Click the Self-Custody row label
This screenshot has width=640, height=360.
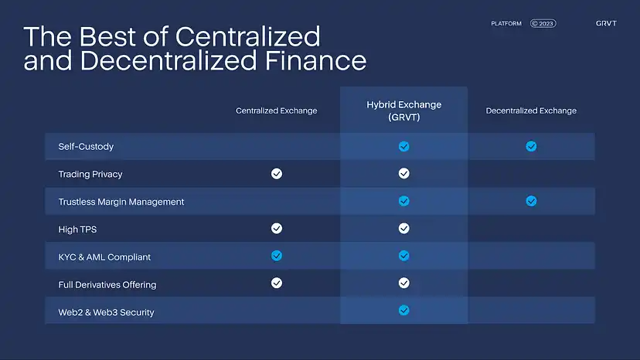click(x=86, y=147)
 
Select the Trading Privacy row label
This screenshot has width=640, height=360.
click(x=90, y=175)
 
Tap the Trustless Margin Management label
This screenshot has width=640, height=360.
click(x=121, y=202)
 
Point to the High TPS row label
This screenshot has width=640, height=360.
click(x=77, y=229)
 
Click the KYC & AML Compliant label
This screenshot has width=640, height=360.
click(x=104, y=257)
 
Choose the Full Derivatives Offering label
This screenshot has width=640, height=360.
click(x=107, y=284)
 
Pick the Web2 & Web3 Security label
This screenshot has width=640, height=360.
click(x=106, y=312)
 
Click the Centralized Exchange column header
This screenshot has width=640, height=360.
click(x=276, y=110)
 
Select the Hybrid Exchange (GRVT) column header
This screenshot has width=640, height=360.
click(x=404, y=111)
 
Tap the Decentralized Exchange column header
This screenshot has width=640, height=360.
click(x=531, y=110)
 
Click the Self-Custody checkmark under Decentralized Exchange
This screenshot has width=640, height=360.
click(x=531, y=146)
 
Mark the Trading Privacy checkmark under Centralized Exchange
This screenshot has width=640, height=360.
click(x=276, y=174)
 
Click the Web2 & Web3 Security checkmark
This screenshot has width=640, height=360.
click(x=403, y=311)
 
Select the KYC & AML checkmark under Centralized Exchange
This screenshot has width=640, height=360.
click(x=276, y=256)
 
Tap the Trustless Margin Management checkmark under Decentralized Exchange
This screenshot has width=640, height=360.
click(x=531, y=201)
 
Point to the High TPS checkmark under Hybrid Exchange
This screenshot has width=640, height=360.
click(x=403, y=228)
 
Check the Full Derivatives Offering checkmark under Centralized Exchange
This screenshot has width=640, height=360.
click(x=276, y=283)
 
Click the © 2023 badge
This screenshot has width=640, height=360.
click(x=543, y=24)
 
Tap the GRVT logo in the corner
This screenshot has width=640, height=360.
click(x=606, y=24)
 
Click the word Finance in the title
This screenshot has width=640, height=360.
click(x=315, y=61)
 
